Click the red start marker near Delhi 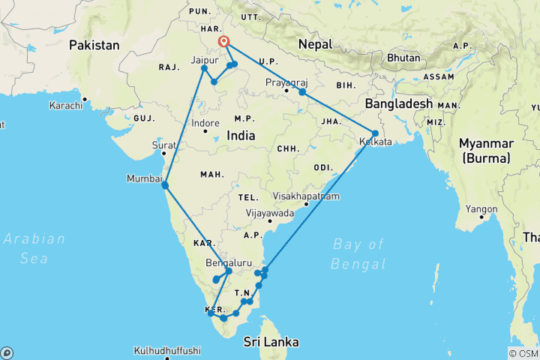pyautogui.click(x=223, y=42)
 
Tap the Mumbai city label pyautogui.click(x=145, y=178)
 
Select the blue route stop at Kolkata pyautogui.click(x=375, y=133)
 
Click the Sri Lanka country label pyautogui.click(x=271, y=342)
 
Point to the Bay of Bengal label pyautogui.click(x=358, y=253)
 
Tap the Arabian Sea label pyautogui.click(x=34, y=248)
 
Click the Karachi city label pyautogui.click(x=66, y=106)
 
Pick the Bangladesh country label pyautogui.click(x=398, y=103)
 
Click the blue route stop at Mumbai pyautogui.click(x=165, y=184)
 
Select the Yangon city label pyautogui.click(x=477, y=209)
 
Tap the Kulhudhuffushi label pyautogui.click(x=168, y=350)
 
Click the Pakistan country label pyautogui.click(x=94, y=46)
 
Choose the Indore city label pyautogui.click(x=205, y=123)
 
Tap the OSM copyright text pyautogui.click(x=523, y=353)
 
